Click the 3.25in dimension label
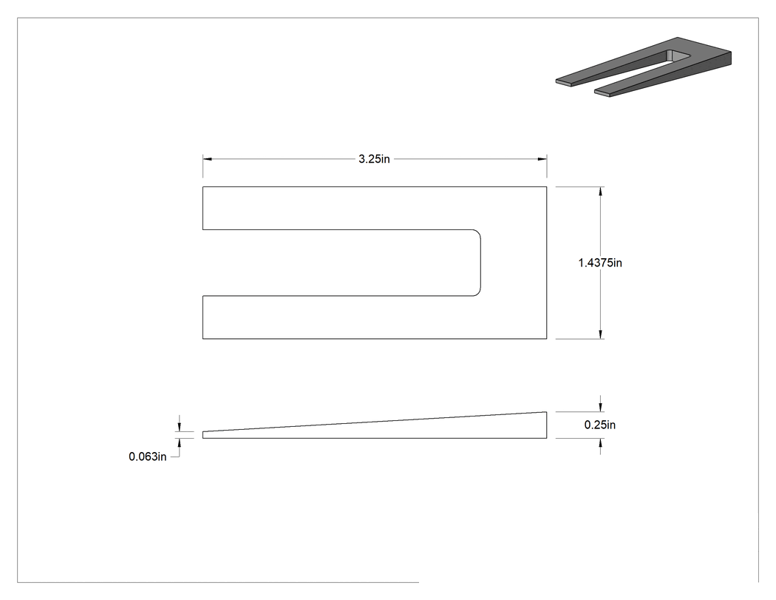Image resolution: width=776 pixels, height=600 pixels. [x=374, y=159]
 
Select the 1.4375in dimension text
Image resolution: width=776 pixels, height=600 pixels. [x=600, y=263]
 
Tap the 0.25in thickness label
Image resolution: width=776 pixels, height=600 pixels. [x=600, y=425]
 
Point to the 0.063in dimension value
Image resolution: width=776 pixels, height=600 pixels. [x=148, y=456]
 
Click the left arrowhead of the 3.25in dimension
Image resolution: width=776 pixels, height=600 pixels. [x=208, y=159]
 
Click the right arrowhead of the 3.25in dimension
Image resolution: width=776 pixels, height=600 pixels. [x=542, y=159]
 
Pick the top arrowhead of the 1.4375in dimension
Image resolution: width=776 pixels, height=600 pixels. [x=601, y=192]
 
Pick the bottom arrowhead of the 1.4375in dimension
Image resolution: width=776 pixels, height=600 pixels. [x=601, y=334]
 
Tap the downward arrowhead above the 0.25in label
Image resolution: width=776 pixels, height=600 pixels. [x=601, y=407]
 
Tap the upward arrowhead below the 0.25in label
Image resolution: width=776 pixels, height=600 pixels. [x=601, y=443]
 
